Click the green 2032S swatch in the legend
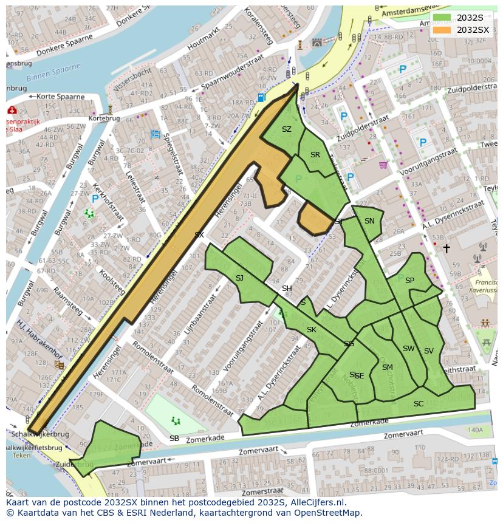442,18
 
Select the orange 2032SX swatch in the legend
442,29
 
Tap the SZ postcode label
287,129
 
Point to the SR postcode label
315,155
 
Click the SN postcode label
369,221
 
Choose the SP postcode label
409,281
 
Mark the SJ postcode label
239,278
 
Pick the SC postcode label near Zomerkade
419,404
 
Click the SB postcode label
174,439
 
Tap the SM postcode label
388,367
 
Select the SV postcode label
429,351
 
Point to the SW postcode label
408,349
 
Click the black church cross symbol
447,248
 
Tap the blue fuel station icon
261,97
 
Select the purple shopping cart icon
383,165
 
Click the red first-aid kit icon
12,110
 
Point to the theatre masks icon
60,365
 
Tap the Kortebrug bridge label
103,118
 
